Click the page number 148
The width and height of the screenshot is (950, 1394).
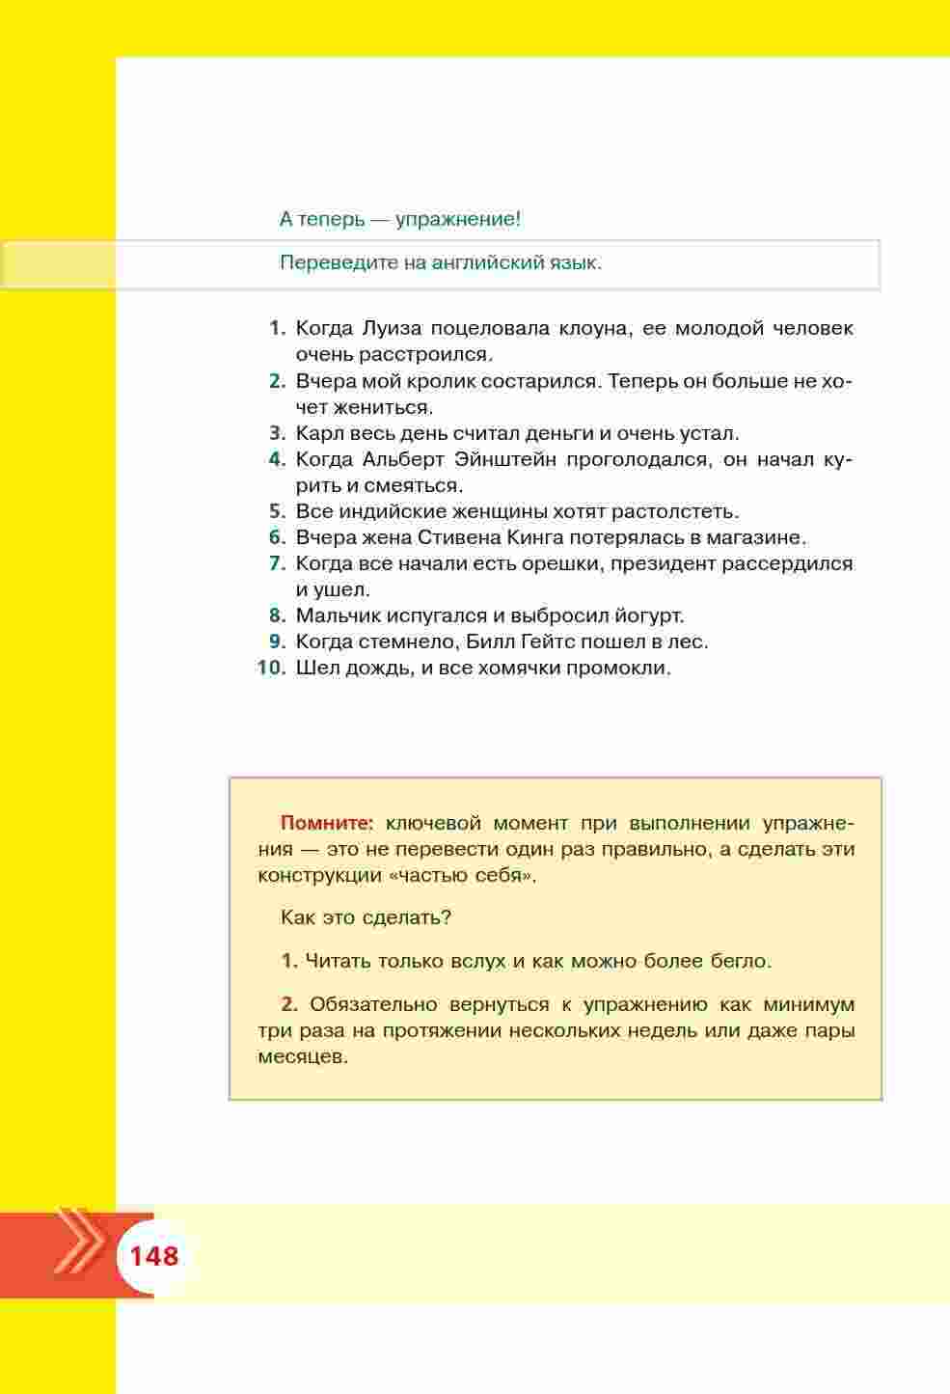pyautogui.click(x=154, y=1256)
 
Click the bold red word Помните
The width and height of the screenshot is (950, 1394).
pyautogui.click(x=326, y=823)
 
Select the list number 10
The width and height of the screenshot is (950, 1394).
pyautogui.click(x=272, y=668)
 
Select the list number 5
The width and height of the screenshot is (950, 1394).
pyautogui.click(x=277, y=511)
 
